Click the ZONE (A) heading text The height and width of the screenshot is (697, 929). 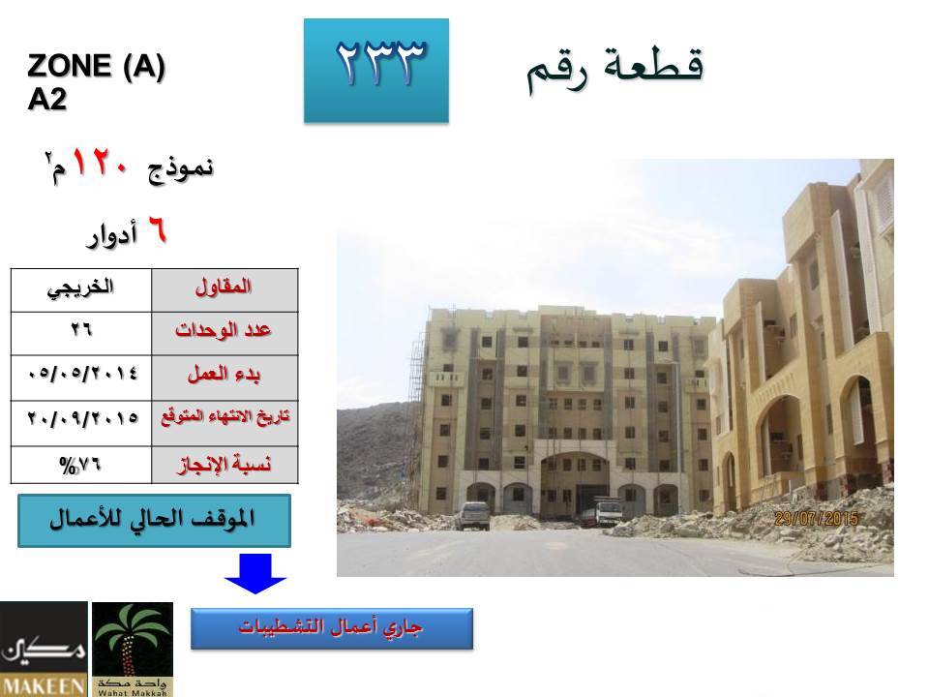[x=96, y=66]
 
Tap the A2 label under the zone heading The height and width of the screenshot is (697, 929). [x=46, y=100]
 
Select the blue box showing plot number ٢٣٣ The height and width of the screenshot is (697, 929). [x=376, y=71]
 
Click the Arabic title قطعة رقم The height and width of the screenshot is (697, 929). [x=615, y=70]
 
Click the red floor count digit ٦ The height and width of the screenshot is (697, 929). [x=157, y=230]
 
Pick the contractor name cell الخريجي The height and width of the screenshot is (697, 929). [x=81, y=289]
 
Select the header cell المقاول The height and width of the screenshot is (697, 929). [x=225, y=289]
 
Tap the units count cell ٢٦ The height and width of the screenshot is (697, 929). [x=81, y=333]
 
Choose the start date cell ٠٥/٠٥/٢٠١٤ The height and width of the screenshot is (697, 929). [x=81, y=378]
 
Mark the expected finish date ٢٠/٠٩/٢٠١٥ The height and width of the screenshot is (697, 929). [x=81, y=423]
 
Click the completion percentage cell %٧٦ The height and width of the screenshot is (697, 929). [x=81, y=465]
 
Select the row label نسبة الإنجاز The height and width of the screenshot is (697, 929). [x=225, y=465]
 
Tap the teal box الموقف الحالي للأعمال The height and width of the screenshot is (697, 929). [x=154, y=521]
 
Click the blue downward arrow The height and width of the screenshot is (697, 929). [x=255, y=573]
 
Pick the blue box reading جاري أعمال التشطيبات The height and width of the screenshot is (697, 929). [x=332, y=628]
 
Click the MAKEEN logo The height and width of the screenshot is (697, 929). [x=44, y=649]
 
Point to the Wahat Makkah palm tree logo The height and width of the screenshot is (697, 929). [x=133, y=649]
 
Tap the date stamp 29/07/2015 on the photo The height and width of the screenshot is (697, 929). [x=816, y=519]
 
